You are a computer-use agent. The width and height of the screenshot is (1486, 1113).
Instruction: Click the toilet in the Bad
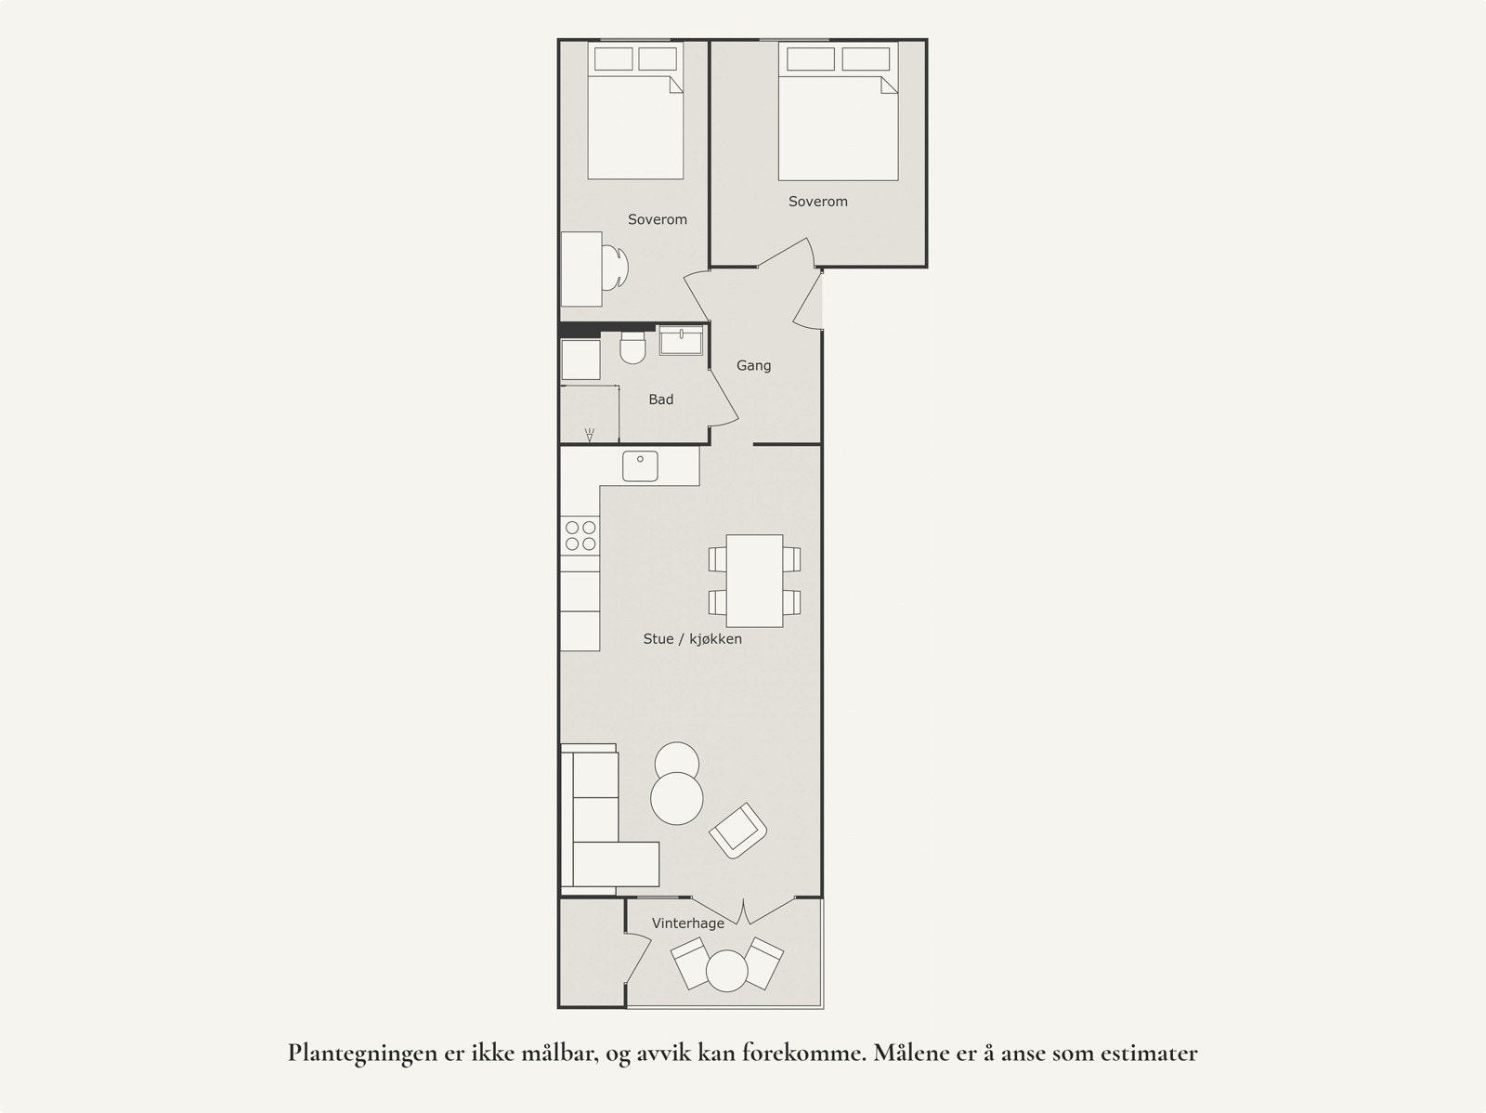[x=632, y=348]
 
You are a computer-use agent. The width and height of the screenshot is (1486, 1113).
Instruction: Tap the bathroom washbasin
[x=682, y=341]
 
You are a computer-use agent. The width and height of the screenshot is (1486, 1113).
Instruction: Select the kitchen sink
[x=640, y=466]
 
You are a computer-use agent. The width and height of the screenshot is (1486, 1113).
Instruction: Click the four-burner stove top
[x=580, y=535]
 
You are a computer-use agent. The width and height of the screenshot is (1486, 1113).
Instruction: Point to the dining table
[x=754, y=581]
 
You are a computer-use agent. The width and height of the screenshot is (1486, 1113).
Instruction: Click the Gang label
[x=753, y=366]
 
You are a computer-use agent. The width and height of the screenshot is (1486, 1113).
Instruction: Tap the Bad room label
[x=660, y=399]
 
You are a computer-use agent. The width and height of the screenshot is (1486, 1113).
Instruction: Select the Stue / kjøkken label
[x=692, y=639]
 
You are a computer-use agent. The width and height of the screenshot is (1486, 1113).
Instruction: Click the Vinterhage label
[x=687, y=923]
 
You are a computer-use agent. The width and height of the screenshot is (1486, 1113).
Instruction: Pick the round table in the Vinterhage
[x=726, y=972]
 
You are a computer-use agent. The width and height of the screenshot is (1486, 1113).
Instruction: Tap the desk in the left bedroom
[x=581, y=268]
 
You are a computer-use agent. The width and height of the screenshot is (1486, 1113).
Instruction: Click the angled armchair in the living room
[x=738, y=830]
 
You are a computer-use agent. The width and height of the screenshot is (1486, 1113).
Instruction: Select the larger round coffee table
[x=676, y=798]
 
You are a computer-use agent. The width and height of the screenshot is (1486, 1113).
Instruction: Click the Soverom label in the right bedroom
[x=817, y=202]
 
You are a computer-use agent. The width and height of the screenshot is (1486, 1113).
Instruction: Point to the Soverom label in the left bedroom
[x=657, y=220]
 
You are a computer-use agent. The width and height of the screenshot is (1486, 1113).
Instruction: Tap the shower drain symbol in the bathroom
[x=590, y=434]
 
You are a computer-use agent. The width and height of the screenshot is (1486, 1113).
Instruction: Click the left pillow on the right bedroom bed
[x=810, y=59]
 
